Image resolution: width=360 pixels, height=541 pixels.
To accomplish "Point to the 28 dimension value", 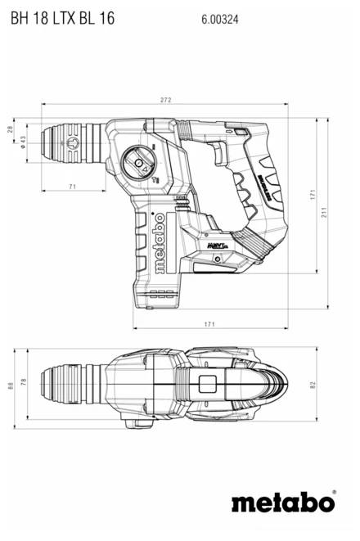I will tap(11, 130).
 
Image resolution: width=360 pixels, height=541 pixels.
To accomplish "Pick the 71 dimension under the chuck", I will tap(72, 188).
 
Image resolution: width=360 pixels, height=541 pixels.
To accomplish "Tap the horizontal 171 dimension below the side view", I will tap(210, 325).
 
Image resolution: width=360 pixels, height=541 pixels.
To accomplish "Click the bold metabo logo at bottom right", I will tap(283, 501).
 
